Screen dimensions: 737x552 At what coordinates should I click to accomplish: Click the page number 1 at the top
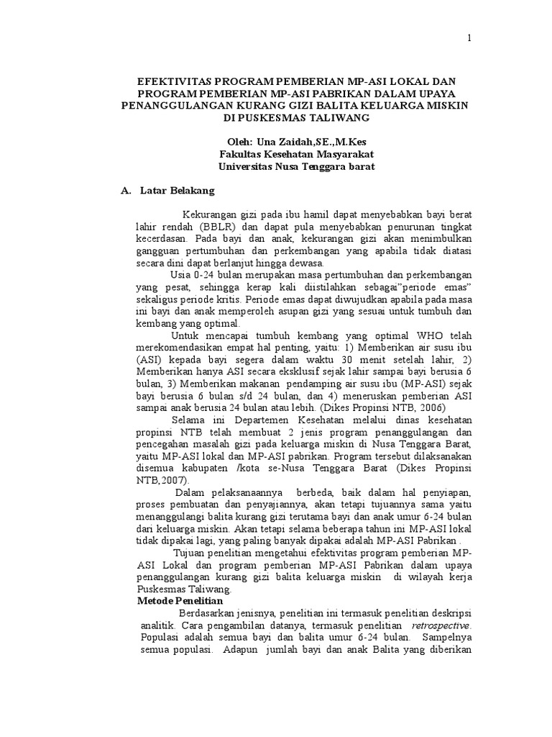tap(469, 39)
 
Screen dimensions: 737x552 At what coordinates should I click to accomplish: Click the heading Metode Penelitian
tap(180, 600)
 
